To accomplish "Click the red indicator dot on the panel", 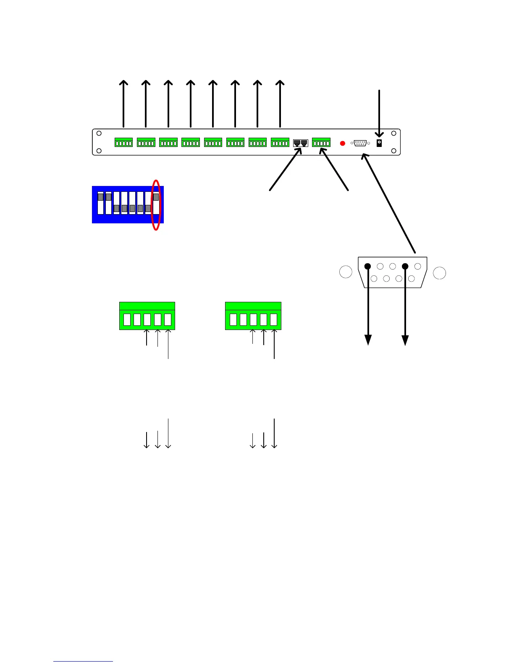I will pyautogui.click(x=342, y=143).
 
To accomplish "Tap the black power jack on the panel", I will pyautogui.click(x=379, y=143).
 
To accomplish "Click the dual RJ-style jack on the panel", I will pyautogui.click(x=301, y=143).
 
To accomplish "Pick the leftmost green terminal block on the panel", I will pyautogui.click(x=123, y=143).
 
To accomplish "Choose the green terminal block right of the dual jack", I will pyautogui.click(x=321, y=143).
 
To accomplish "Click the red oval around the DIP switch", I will pyautogui.click(x=156, y=205).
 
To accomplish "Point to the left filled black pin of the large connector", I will pyautogui.click(x=367, y=266).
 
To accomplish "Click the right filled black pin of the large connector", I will pyautogui.click(x=405, y=266).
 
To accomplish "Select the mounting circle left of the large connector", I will pyautogui.click(x=346, y=272).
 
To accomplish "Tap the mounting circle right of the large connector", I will pyautogui.click(x=440, y=273).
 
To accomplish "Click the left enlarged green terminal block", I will pyautogui.click(x=147, y=316).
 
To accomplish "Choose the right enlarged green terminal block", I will pyautogui.click(x=253, y=316).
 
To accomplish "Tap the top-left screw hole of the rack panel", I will pyautogui.click(x=99, y=134).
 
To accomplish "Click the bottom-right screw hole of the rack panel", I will pyautogui.click(x=393, y=151).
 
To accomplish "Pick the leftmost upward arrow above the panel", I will pyautogui.click(x=123, y=103).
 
